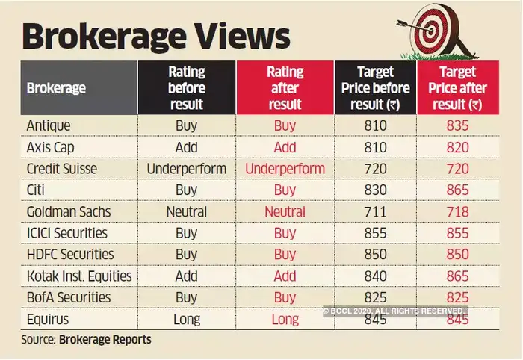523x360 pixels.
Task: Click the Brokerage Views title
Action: (155, 37)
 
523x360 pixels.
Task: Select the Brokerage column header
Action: (56, 88)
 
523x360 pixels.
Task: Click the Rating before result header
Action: (186, 88)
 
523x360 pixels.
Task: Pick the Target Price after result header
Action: (459, 88)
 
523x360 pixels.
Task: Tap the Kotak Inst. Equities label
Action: (79, 276)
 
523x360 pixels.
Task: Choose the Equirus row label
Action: (49, 319)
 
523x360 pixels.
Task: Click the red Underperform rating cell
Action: (285, 169)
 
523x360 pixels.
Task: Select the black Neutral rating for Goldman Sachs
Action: (186, 211)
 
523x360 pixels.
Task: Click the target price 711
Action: (374, 211)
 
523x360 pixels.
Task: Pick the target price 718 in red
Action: (459, 211)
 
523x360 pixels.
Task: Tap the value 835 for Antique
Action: (459, 125)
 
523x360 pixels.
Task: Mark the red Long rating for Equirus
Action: (285, 319)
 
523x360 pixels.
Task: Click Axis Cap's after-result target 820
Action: (459, 147)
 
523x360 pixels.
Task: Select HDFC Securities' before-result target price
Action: (374, 255)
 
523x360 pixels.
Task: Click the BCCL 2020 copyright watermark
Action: (394, 310)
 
